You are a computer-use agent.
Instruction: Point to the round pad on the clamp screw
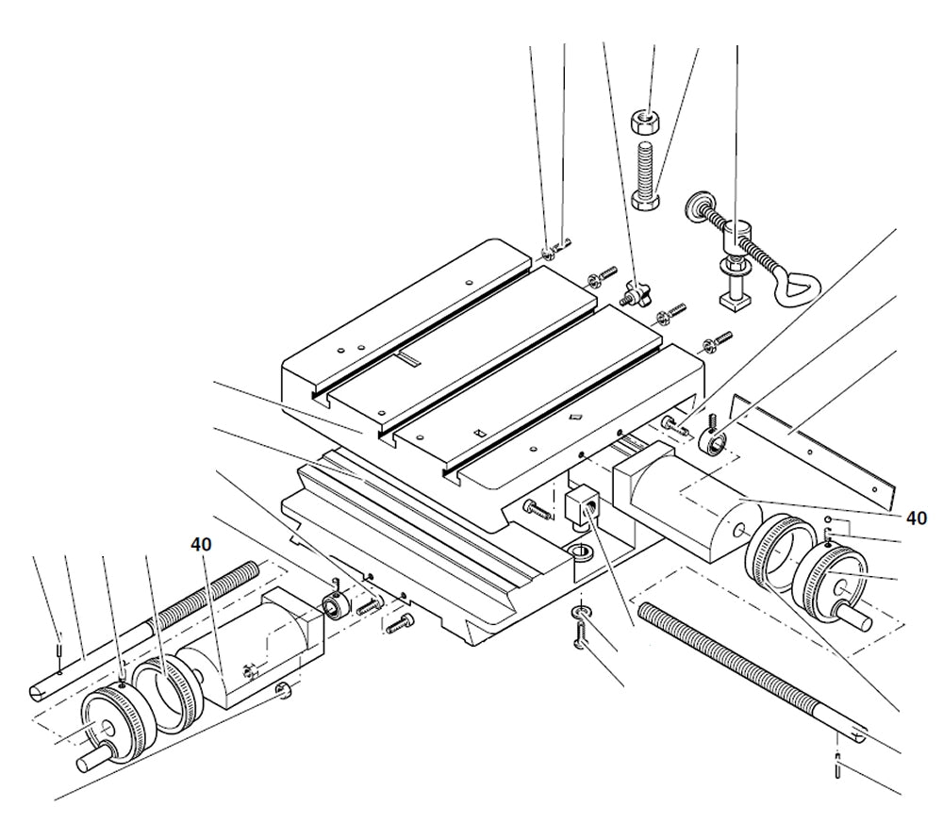pyautogui.click(x=699, y=206)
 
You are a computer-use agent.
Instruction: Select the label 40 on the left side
pyautogui.click(x=200, y=544)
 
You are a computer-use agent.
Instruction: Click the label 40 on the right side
pyautogui.click(x=915, y=518)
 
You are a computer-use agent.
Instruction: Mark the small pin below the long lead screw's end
pyautogui.click(x=838, y=766)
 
